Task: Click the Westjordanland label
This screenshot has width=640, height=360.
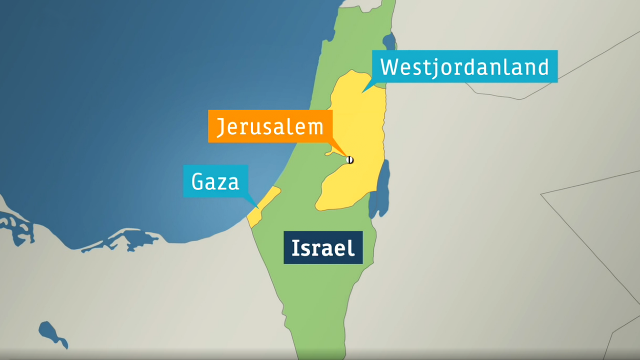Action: pyautogui.click(x=465, y=66)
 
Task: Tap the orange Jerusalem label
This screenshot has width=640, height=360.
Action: pyautogui.click(x=270, y=126)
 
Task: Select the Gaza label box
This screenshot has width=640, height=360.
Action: pyautogui.click(x=216, y=181)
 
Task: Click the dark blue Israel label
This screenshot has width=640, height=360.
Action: pyautogui.click(x=323, y=247)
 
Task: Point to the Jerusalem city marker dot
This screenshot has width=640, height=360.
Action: pyautogui.click(x=350, y=160)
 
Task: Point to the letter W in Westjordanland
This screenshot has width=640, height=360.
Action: pyautogui.click(x=390, y=67)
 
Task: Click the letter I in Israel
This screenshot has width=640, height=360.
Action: pyautogui.click(x=295, y=248)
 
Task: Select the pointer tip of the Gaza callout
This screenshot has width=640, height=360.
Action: pyautogui.click(x=258, y=208)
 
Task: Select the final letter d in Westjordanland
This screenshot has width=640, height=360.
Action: pyautogui.click(x=542, y=66)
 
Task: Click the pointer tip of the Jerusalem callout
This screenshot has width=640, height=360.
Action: pyautogui.click(x=348, y=156)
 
